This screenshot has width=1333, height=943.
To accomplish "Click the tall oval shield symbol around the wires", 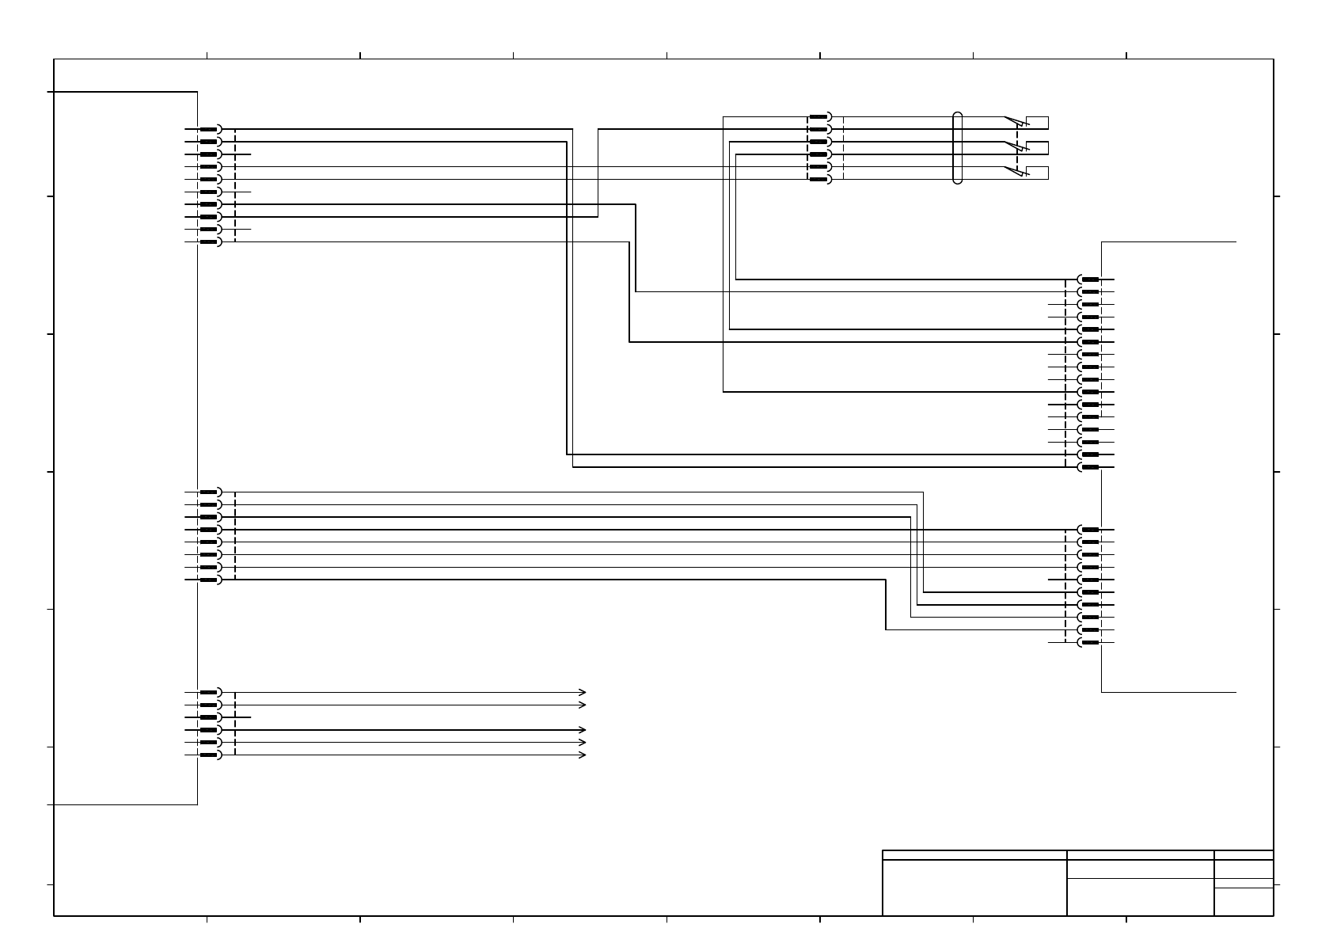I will [x=957, y=148].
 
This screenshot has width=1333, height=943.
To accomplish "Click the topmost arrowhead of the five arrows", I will [x=583, y=692].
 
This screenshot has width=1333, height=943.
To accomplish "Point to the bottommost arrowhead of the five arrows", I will [x=583, y=755].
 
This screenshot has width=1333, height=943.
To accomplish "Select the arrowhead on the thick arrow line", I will [x=583, y=730].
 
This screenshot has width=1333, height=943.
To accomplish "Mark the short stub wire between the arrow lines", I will [x=243, y=717].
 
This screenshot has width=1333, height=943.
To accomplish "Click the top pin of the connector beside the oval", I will [x=818, y=116].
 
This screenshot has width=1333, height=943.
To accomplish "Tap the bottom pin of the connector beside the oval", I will [x=818, y=180].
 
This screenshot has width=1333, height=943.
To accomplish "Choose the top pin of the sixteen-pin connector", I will [x=1090, y=279].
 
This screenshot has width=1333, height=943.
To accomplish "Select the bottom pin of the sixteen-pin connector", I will [x=1090, y=467].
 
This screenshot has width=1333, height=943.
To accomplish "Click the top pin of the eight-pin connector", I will [x=209, y=492].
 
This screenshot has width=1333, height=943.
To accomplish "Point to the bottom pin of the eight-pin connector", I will [x=209, y=580].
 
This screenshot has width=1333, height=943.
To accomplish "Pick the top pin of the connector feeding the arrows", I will [x=209, y=692].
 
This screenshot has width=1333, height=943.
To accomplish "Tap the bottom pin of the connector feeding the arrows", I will [x=209, y=755].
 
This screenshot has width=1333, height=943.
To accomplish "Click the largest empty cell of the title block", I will [x=974, y=888].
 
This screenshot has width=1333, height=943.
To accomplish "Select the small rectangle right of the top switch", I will [x=1038, y=123].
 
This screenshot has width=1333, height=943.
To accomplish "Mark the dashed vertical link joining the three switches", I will [x=1017, y=148].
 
